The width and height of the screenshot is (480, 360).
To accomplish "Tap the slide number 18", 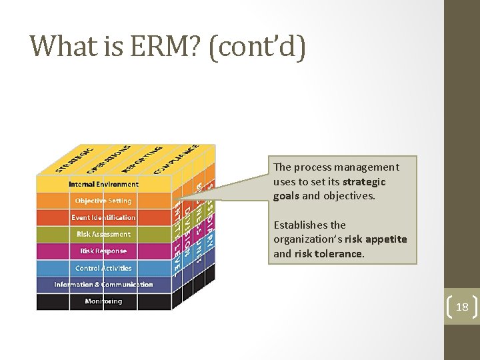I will coord(461,307).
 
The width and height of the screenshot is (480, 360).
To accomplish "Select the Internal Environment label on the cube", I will coord(103,184).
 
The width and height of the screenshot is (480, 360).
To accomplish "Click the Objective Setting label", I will coord(103,201).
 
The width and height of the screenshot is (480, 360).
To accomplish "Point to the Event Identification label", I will coord(103,217).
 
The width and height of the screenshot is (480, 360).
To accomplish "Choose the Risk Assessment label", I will coord(103,234).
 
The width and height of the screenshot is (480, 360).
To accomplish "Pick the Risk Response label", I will coord(103,251).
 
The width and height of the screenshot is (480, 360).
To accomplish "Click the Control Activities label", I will coord(103,268).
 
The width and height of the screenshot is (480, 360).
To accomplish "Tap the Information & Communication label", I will coord(103,285).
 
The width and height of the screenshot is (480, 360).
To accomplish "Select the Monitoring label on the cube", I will coord(103,301).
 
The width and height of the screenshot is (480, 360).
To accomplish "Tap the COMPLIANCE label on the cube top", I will coord(175,159).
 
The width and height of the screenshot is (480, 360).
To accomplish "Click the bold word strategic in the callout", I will coord(364,182).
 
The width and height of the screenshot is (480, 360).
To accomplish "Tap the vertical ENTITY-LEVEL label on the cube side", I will coord(177,240).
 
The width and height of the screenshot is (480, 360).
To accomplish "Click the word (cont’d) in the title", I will coord(257,46).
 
